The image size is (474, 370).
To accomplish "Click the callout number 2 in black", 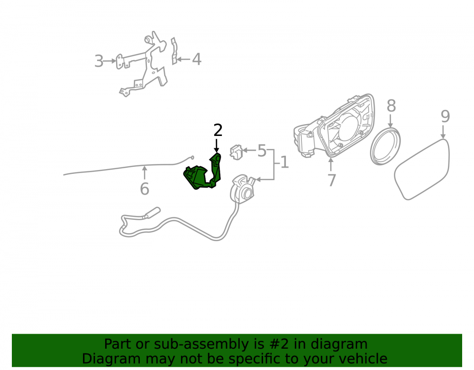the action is (x=218, y=130).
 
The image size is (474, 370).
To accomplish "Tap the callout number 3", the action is (x=99, y=61).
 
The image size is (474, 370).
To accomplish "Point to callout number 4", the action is (x=197, y=59).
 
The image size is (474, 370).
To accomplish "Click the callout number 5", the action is (x=262, y=151).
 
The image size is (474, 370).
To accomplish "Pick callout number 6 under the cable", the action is (x=145, y=189).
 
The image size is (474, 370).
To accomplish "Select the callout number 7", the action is (x=332, y=180).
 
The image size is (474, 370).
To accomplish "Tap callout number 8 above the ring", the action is (x=391, y=106).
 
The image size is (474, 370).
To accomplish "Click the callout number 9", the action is (x=445, y=116).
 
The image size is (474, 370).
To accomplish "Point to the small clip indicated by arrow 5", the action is (x=236, y=152).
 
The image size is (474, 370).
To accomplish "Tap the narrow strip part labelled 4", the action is (x=174, y=51).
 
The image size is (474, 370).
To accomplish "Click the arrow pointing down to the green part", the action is (x=217, y=145).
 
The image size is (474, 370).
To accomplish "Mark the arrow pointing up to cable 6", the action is (x=145, y=173).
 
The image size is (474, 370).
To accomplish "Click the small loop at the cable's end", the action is (x=192, y=157).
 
